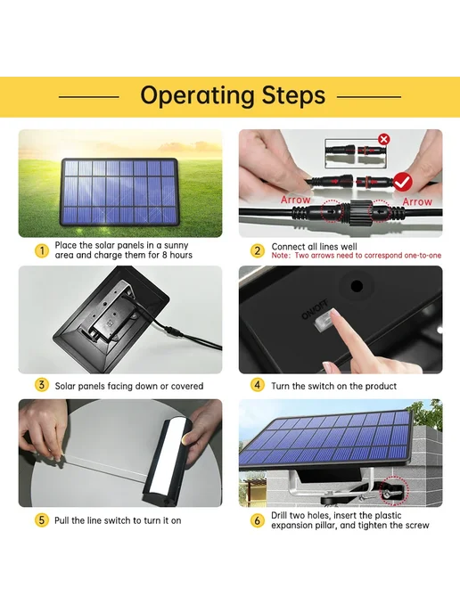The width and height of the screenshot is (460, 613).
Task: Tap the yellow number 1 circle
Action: [x=42, y=250]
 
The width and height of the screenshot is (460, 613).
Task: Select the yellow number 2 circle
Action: [x=258, y=250]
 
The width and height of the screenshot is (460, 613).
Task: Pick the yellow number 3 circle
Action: [x=42, y=385]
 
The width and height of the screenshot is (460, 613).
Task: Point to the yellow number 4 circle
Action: [x=258, y=385]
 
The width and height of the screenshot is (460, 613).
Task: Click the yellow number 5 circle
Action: [x=42, y=520]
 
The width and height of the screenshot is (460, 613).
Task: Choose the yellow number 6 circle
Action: [x=258, y=520]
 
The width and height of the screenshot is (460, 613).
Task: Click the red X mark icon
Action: [x=384, y=139]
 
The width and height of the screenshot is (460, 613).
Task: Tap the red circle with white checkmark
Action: [x=403, y=182]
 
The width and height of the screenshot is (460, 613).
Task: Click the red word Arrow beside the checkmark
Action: [x=417, y=201]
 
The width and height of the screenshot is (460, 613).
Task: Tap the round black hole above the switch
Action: [x=357, y=286]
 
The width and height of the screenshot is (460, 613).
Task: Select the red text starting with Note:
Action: [x=357, y=256]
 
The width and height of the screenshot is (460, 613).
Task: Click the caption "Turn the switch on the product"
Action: [x=334, y=387]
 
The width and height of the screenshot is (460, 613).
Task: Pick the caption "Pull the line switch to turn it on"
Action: [x=118, y=520]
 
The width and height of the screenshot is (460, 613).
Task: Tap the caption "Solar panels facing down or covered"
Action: [x=129, y=387]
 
